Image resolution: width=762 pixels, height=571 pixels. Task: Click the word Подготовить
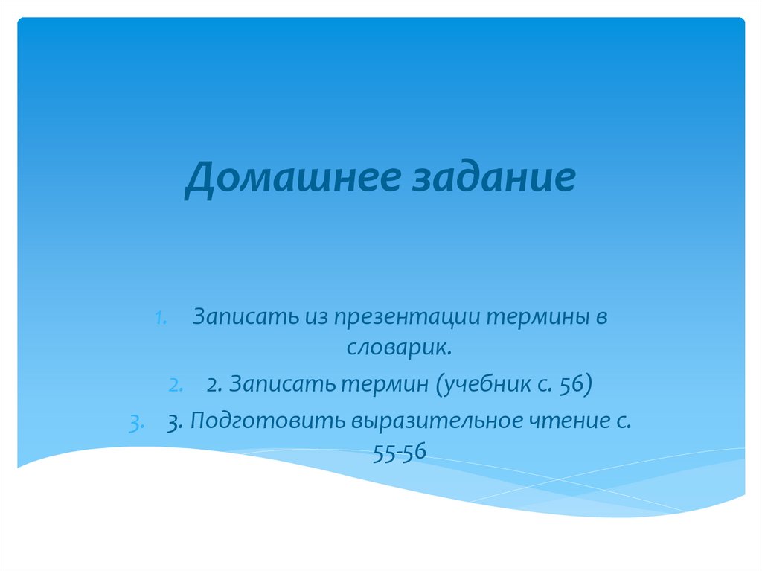[x=272, y=421]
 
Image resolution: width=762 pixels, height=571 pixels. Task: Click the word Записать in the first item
[x=244, y=317]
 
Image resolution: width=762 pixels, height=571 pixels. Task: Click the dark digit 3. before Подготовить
[x=176, y=421]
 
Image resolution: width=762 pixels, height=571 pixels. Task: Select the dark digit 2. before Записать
[x=214, y=385]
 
